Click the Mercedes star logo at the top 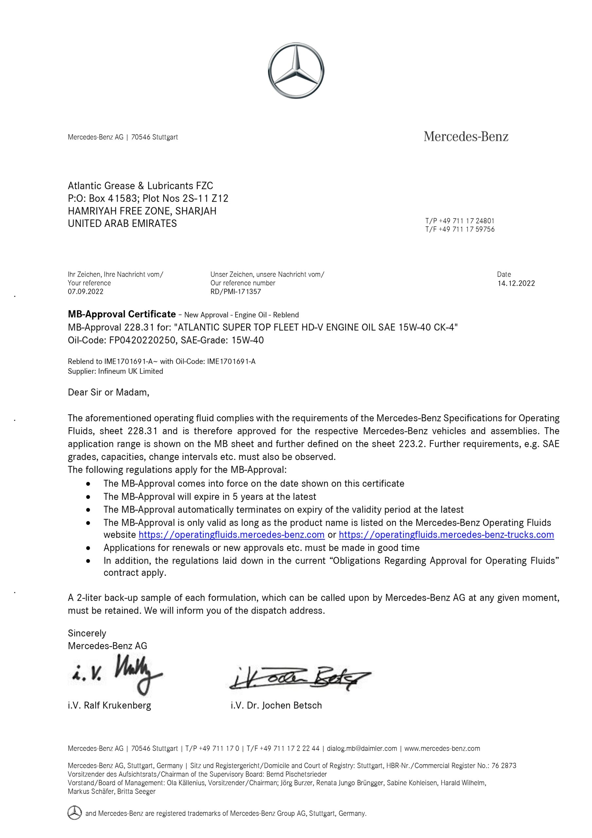[x=296, y=70]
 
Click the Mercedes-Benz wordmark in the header [x=466, y=137]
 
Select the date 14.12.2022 [x=516, y=283]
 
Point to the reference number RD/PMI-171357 [x=235, y=292]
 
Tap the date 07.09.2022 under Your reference [x=85, y=292]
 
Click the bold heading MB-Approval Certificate [x=122, y=314]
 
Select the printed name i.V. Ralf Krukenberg [x=110, y=705]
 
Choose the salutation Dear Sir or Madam [x=108, y=392]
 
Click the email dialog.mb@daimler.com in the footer [x=362, y=749]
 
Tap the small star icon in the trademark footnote [x=75, y=813]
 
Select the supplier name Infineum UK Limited [x=130, y=371]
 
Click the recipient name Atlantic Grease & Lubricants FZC [x=140, y=186]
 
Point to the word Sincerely [x=87, y=633]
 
